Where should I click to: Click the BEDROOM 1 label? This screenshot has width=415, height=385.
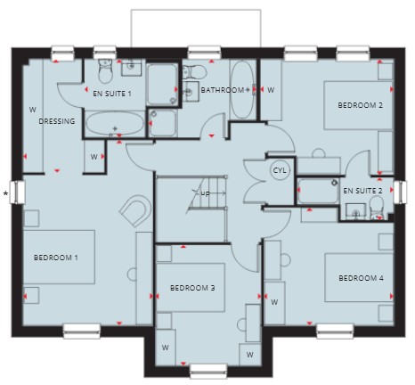[x=56, y=258]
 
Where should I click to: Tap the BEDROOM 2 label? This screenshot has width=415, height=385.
[x=360, y=105]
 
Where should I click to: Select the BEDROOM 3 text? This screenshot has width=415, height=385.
[x=192, y=288]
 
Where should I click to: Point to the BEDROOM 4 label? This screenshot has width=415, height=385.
[x=361, y=278]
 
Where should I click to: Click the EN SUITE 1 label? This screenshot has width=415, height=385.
[x=112, y=94]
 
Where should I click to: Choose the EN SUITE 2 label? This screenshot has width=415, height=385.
[x=362, y=191]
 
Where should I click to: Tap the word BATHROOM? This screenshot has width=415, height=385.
[x=223, y=90]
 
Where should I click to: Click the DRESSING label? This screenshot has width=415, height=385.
[x=57, y=121]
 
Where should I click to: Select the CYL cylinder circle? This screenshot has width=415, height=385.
[x=280, y=170]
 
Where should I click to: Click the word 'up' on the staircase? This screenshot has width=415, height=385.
[x=205, y=193]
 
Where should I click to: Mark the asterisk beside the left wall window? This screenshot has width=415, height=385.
[x=5, y=194]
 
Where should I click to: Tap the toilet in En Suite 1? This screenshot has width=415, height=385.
[x=105, y=70]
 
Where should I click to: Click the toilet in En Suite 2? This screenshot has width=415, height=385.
[x=377, y=208]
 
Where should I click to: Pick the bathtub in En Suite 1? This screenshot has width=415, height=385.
[x=115, y=123]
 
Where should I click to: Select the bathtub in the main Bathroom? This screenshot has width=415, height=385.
[x=242, y=90]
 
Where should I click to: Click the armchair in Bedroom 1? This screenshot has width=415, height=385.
[x=135, y=210]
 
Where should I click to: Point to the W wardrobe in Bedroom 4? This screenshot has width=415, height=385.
[x=274, y=302]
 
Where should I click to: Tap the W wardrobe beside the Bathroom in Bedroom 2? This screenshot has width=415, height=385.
[x=271, y=90]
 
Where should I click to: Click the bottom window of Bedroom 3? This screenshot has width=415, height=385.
[x=208, y=371]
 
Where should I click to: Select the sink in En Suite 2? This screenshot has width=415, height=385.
[x=355, y=211]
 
